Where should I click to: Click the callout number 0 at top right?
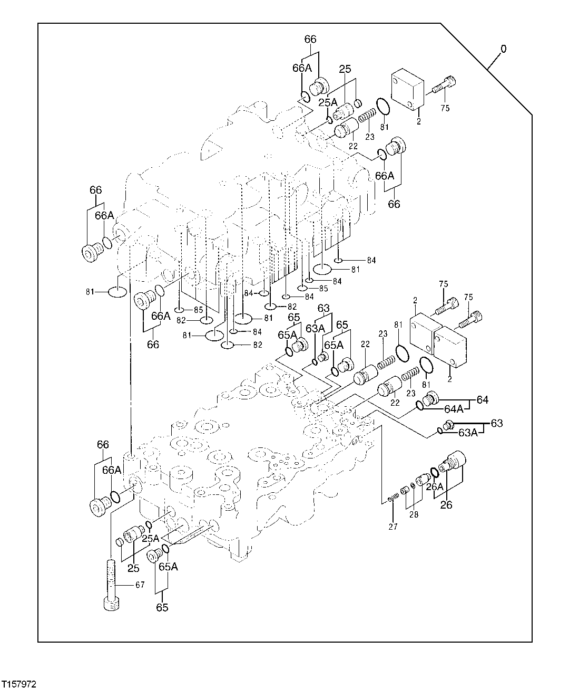coord(504,49)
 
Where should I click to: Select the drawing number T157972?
coord(19,683)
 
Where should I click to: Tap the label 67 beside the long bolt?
coord(139,584)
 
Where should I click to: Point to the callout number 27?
coord(393,526)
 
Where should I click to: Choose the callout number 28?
coord(414,514)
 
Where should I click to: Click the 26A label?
coord(435,486)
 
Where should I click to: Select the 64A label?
coord(454,408)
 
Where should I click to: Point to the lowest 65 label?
coord(162,607)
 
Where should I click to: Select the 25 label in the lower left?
coord(133,568)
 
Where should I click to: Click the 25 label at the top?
coord(345,69)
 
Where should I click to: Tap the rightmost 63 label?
coord(496,423)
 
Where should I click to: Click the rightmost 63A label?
coord(468,433)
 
